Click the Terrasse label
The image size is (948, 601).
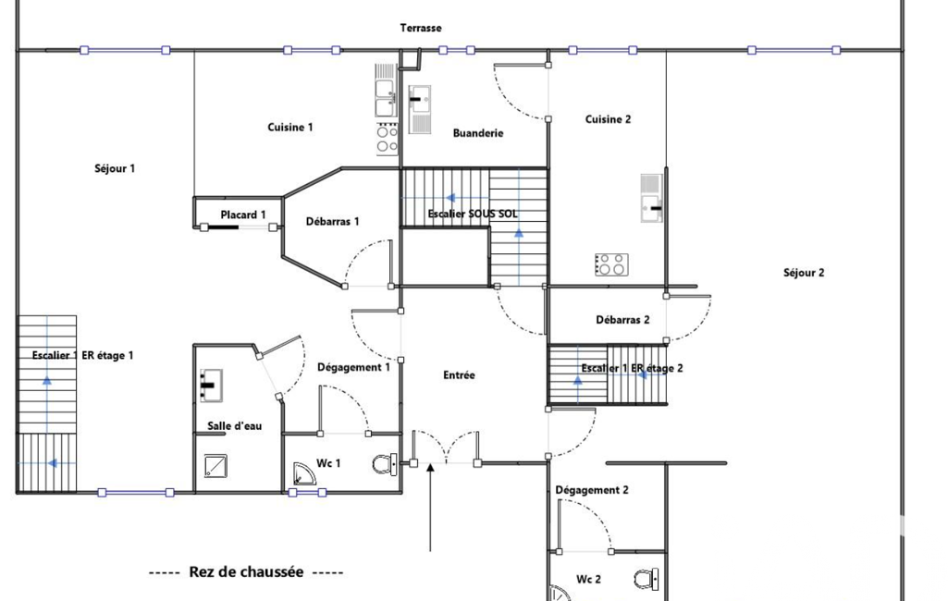click(x=421, y=28)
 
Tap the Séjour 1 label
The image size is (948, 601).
click(x=115, y=168)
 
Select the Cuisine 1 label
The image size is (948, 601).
click(x=290, y=127)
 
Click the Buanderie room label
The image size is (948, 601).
click(x=478, y=133)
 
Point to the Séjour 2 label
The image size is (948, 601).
click(x=804, y=273)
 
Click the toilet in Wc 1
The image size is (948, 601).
click(x=385, y=464)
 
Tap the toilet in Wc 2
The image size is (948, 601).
click(x=646, y=579)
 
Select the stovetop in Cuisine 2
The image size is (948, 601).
click(x=611, y=264)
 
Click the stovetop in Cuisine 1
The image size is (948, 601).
click(x=387, y=139)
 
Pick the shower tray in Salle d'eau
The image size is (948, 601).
click(x=215, y=465)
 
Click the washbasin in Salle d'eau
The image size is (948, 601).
click(x=211, y=386)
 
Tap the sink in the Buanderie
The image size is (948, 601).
click(x=419, y=109)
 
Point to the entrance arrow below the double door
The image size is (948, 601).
click(x=430, y=508)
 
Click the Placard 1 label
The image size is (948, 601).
click(x=243, y=215)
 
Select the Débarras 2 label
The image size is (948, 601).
click(x=622, y=320)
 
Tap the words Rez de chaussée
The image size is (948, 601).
click(x=246, y=572)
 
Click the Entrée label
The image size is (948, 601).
click(x=459, y=375)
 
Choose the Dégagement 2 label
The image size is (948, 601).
click(x=592, y=490)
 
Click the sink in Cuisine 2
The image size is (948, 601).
click(x=652, y=198)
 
